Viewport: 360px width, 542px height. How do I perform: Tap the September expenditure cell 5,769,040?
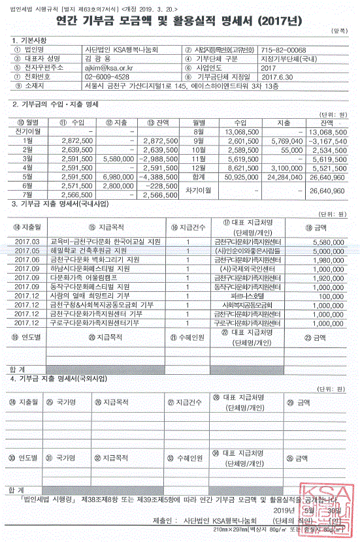[x=285, y=140]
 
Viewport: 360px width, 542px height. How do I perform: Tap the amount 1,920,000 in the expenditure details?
[x=328, y=278]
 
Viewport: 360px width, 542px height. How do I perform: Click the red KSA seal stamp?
[x=324, y=511]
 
